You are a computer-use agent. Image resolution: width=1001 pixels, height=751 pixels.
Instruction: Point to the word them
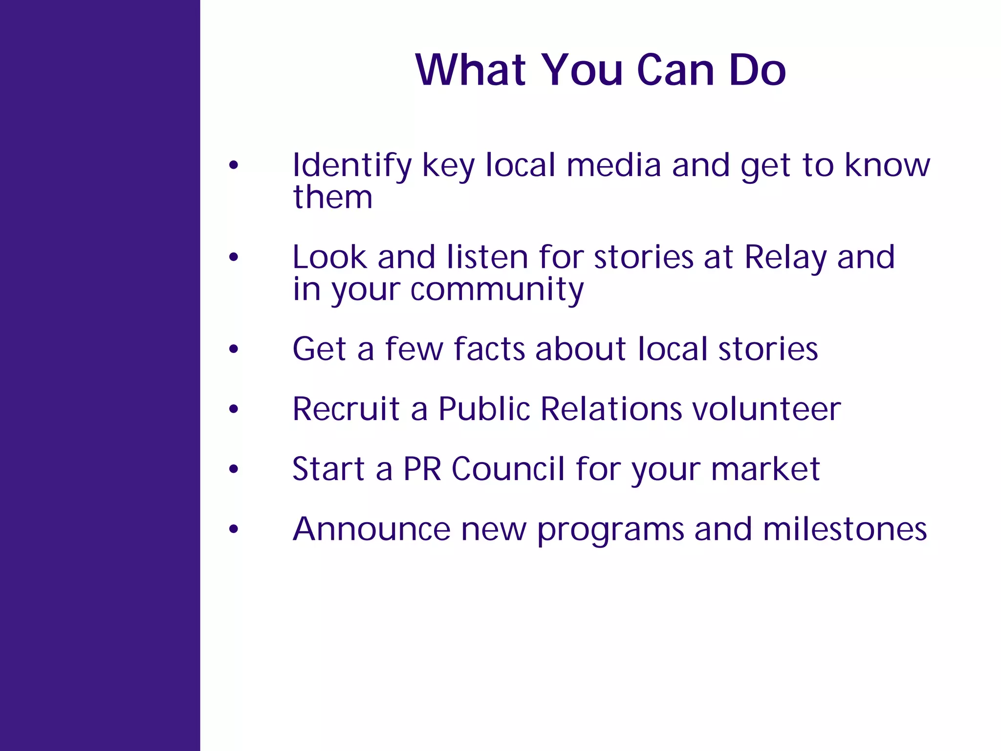pyautogui.click(x=333, y=197)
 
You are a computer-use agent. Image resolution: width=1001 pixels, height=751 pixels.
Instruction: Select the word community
pyautogui.click(x=497, y=289)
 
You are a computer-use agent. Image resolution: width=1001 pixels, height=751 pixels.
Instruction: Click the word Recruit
pyautogui.click(x=346, y=409)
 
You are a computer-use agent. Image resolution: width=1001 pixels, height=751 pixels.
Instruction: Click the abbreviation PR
pyautogui.click(x=422, y=469)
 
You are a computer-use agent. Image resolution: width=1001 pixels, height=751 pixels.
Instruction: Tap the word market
pyautogui.click(x=765, y=469)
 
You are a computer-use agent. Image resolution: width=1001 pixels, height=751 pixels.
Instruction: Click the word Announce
pyautogui.click(x=371, y=530)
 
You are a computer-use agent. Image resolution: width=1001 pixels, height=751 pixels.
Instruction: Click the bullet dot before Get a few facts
pyautogui.click(x=234, y=349)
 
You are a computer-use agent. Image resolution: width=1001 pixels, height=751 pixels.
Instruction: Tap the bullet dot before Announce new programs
pyautogui.click(x=234, y=529)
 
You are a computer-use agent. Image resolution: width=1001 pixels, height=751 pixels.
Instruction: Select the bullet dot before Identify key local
pyautogui.click(x=234, y=165)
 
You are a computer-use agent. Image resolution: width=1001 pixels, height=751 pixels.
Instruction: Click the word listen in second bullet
pyautogui.click(x=487, y=257)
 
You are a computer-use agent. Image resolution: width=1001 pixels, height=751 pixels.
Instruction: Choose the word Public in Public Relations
pyautogui.click(x=484, y=409)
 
